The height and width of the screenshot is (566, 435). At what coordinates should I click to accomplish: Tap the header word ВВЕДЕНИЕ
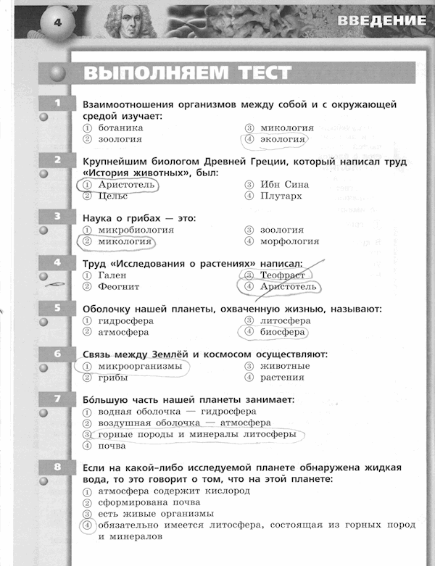click(x=381, y=20)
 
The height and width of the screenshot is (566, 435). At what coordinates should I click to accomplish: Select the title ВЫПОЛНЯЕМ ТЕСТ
click(x=187, y=73)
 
